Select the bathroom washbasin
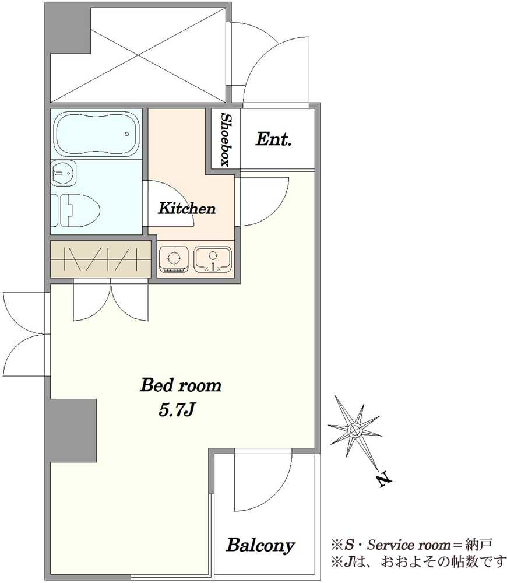coord(63,173)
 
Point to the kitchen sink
coord(213,258)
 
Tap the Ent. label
coord(273,140)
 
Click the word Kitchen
coord(186,208)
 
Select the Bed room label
coord(181,385)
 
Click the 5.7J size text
coord(177,410)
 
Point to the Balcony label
coord(260,546)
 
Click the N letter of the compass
coord(383,480)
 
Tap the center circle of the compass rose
coord(355,430)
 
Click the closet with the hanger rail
coord(100,259)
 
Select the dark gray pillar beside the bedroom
coord(73,431)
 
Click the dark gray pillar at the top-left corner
coord(68,30)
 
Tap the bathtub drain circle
coord(127,134)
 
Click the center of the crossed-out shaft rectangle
coord(138,55)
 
